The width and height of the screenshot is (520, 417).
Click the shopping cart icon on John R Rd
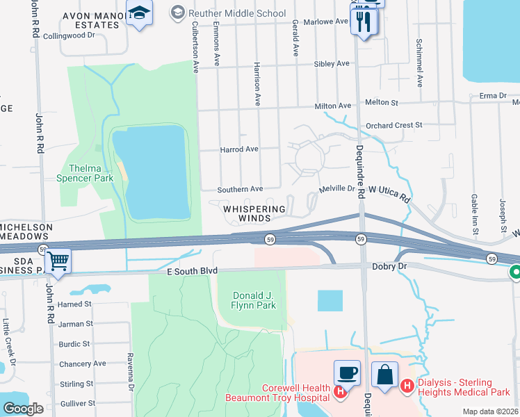pyautogui.click(x=58, y=262)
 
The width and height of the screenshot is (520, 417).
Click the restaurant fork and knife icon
pyautogui.click(x=364, y=21)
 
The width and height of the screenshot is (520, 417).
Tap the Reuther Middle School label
pyautogui.click(x=236, y=13)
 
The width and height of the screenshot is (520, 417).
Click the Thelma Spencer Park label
pyautogui.click(x=91, y=173)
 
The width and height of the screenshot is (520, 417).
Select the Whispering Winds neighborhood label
pyautogui.click(x=254, y=213)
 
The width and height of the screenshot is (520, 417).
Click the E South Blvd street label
pyautogui.click(x=193, y=270)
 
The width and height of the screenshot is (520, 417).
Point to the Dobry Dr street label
pyautogui.click(x=389, y=266)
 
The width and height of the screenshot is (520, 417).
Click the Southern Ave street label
pyautogui.click(x=240, y=189)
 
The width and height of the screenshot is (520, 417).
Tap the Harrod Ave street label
pyautogui.click(x=238, y=149)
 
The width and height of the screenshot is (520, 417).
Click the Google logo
pyautogui.click(x=23, y=409)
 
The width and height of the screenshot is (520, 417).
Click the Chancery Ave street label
pyautogui.click(x=82, y=363)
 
